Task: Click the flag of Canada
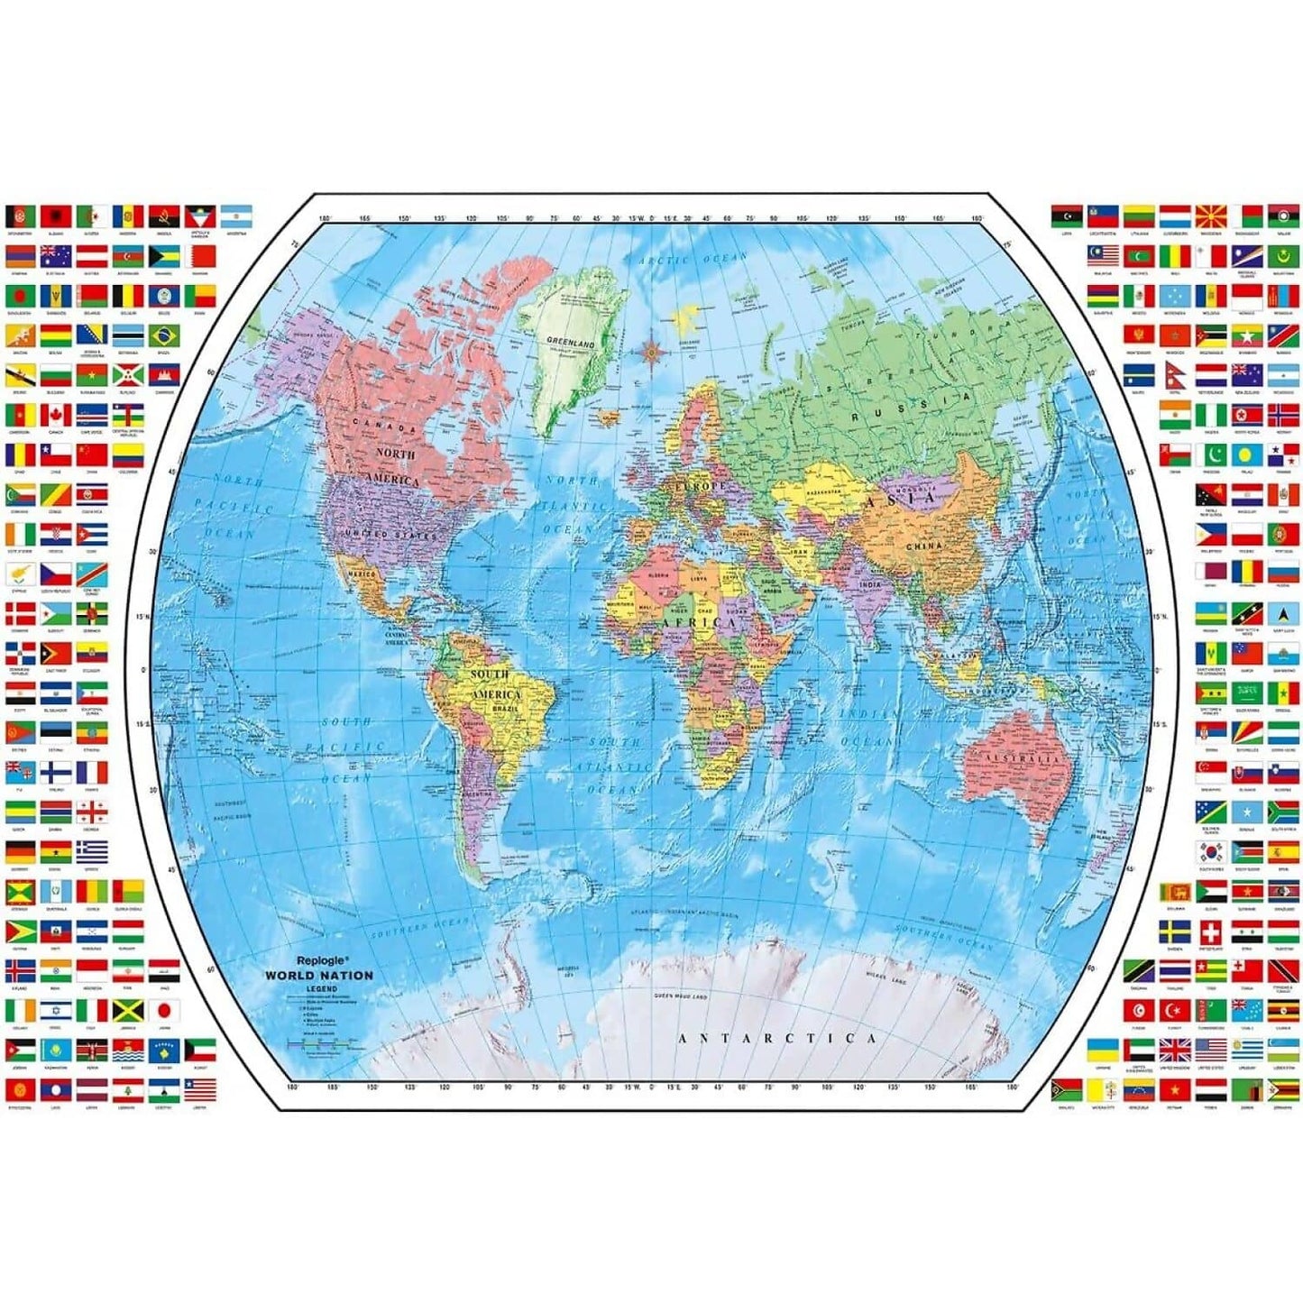[x=56, y=415]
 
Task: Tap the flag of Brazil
[x=163, y=335]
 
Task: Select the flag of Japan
[x=163, y=1010]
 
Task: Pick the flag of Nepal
[x=1174, y=375]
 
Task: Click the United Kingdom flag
[x=1174, y=1050]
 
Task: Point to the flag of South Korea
[x=1210, y=851]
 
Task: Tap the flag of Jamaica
[x=127, y=1010]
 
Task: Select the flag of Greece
[x=92, y=851]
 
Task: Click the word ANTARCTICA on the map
[x=776, y=1038]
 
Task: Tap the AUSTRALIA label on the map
[x=1021, y=758]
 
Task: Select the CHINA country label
[x=923, y=546]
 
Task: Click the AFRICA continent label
[x=700, y=622]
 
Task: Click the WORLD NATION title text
[x=318, y=975]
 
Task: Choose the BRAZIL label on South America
[x=505, y=710]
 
